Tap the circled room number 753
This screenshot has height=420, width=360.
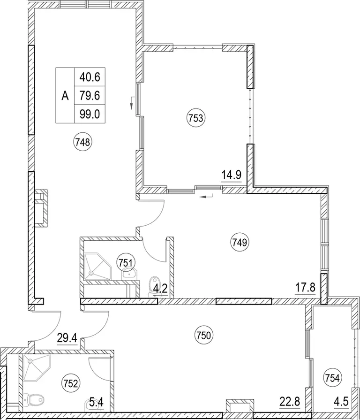click(196, 118)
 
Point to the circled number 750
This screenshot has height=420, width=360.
click(203, 336)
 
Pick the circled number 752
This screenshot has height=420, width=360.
click(71, 384)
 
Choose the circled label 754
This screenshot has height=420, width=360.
click(333, 379)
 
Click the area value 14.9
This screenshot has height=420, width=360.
click(232, 176)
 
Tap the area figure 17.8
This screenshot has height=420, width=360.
click(305, 288)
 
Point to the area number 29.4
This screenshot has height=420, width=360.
click(67, 338)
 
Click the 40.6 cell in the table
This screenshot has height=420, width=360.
click(90, 77)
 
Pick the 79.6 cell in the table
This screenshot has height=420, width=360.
click(90, 96)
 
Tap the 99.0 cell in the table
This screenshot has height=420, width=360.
click(90, 114)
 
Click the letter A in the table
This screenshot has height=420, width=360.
click(65, 96)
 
